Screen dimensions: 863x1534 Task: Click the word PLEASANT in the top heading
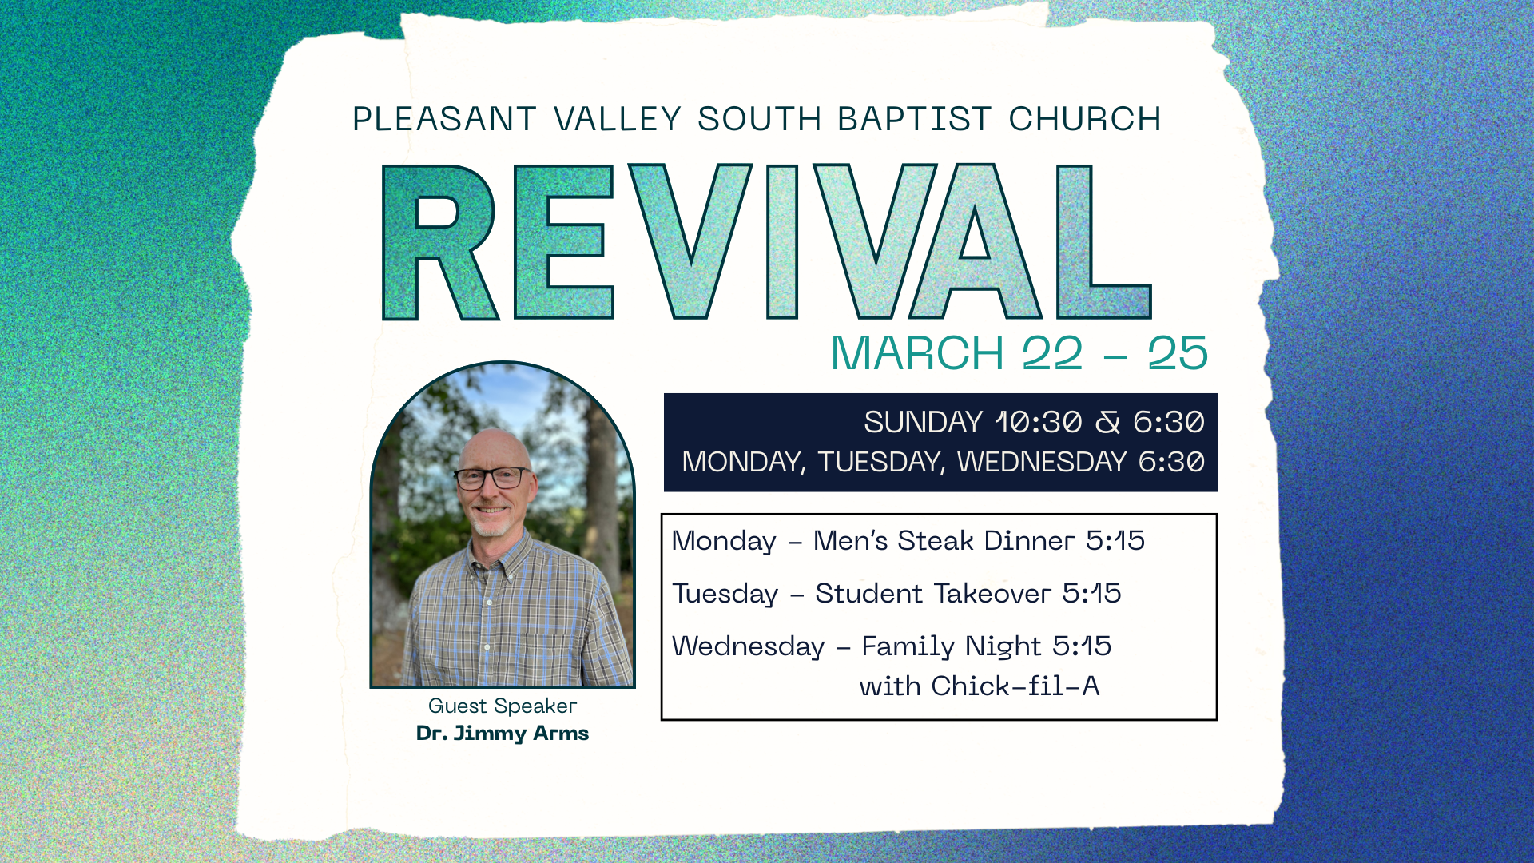pyautogui.click(x=443, y=120)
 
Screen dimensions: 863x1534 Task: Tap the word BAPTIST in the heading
pyautogui.click(x=914, y=120)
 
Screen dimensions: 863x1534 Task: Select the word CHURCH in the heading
pyautogui.click(x=1084, y=120)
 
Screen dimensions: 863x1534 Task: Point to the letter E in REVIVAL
pyautogui.click(x=562, y=242)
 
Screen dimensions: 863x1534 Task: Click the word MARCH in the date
pyautogui.click(x=917, y=353)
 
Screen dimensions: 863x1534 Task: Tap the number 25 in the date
pyautogui.click(x=1178, y=353)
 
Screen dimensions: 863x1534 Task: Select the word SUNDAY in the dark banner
pyautogui.click(x=923, y=423)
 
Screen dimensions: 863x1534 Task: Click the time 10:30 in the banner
pyautogui.click(x=1039, y=423)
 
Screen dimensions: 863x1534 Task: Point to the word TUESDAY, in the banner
pyautogui.click(x=881, y=463)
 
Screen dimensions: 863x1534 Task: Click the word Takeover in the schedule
pyautogui.click(x=992, y=594)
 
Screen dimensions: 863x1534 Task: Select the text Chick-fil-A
pyautogui.click(x=1015, y=686)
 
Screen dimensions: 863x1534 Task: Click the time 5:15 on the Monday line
pyautogui.click(x=1115, y=541)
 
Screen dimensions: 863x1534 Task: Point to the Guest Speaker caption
pyautogui.click(x=502, y=706)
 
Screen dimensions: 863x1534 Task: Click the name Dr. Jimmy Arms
pyautogui.click(x=502, y=734)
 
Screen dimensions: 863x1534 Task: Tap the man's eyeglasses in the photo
pyautogui.click(x=491, y=478)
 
